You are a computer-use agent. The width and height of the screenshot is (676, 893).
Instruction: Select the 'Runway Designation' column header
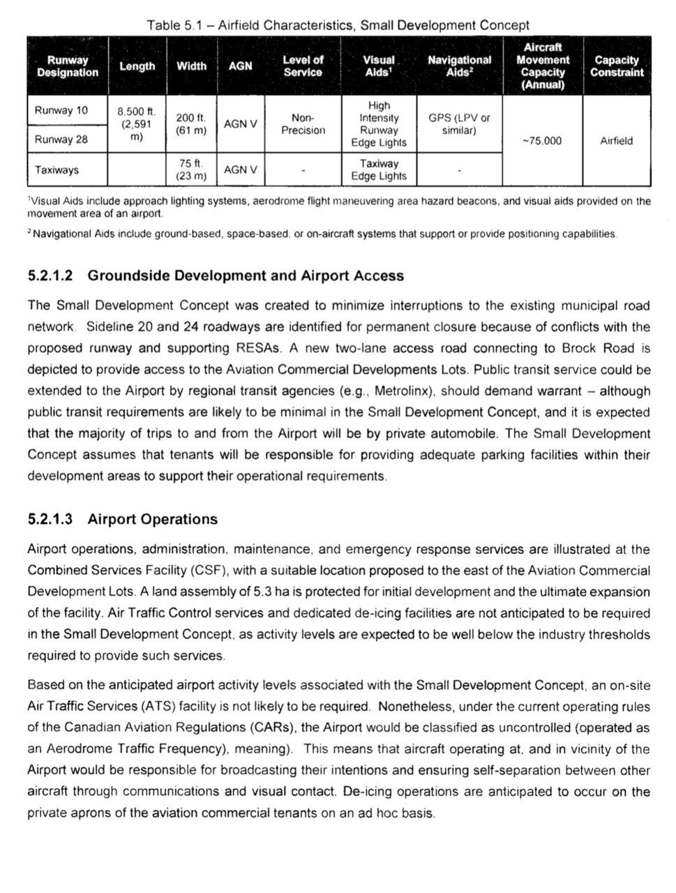click(x=68, y=66)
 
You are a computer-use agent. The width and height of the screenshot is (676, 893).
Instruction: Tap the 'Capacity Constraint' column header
click(x=616, y=66)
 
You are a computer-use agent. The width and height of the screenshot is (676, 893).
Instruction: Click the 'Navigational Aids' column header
click(x=459, y=66)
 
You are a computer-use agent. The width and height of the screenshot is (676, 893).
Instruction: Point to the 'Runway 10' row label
click(x=61, y=110)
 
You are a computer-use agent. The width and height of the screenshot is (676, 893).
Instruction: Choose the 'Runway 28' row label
click(x=61, y=139)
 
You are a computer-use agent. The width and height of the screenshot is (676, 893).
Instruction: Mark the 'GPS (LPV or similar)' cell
click(x=459, y=124)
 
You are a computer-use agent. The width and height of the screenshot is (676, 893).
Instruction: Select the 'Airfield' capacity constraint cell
click(x=616, y=141)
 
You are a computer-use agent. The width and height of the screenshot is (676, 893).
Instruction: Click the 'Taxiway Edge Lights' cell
click(x=379, y=170)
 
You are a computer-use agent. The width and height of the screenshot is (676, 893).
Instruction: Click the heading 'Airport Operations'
click(x=153, y=520)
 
